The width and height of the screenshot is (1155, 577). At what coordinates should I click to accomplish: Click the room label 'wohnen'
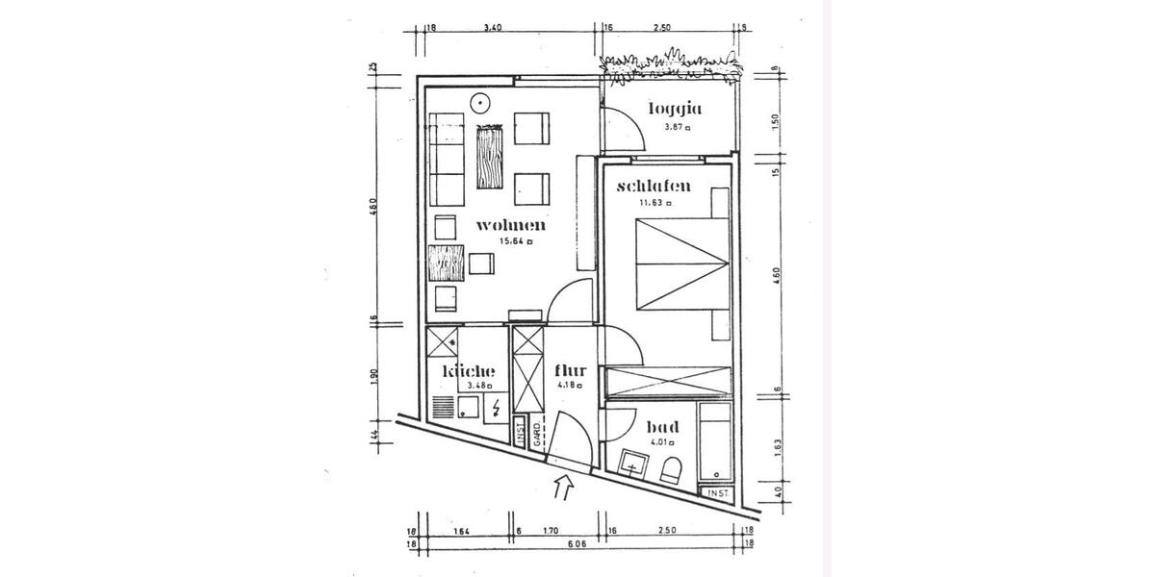(x=511, y=226)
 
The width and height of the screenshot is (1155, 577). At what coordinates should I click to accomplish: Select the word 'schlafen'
(x=654, y=187)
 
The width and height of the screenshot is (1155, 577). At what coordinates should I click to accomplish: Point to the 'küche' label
(x=469, y=371)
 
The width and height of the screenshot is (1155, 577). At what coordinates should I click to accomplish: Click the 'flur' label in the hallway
(x=571, y=371)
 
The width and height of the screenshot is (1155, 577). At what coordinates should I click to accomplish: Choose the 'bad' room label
(x=662, y=427)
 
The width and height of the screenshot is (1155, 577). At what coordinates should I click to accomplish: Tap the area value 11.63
(x=651, y=203)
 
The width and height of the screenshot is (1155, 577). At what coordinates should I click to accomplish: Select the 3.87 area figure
(x=674, y=126)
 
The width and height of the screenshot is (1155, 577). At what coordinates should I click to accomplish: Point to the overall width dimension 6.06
(x=577, y=543)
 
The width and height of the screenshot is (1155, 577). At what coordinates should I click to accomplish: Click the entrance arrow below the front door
(x=563, y=489)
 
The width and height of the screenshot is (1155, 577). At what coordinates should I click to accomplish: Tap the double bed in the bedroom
(x=680, y=264)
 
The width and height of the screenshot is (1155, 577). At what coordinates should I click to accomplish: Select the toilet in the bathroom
(x=672, y=469)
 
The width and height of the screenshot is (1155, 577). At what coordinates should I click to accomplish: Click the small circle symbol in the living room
(x=479, y=102)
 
